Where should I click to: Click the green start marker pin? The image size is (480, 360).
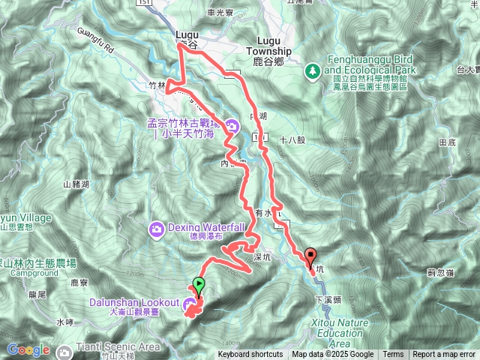(198, 285)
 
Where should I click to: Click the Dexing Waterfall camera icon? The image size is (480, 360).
(157, 228)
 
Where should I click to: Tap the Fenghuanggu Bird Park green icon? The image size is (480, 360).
(311, 70)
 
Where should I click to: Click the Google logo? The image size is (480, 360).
(28, 349)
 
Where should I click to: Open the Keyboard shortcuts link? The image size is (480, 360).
(250, 355)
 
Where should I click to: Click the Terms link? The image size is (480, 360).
(393, 355)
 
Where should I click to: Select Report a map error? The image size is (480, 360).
(444, 355)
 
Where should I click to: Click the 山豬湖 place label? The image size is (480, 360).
(76, 183)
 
